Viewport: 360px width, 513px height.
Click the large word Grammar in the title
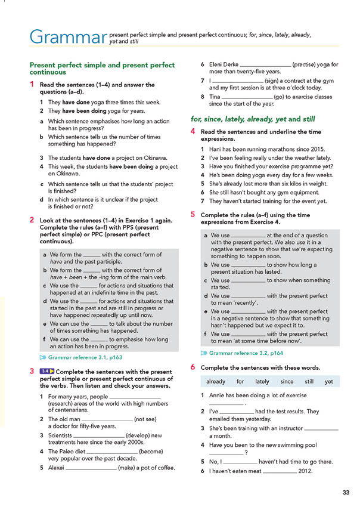[x=65, y=37]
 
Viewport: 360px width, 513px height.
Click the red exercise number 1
[x=32, y=85]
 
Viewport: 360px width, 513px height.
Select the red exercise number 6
[x=193, y=367]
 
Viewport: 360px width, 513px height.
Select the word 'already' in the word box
[x=216, y=381]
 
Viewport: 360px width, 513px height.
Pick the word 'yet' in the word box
[x=328, y=381]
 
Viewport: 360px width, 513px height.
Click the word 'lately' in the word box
[x=262, y=381]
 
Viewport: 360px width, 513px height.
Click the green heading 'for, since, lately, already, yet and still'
[x=253, y=119]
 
